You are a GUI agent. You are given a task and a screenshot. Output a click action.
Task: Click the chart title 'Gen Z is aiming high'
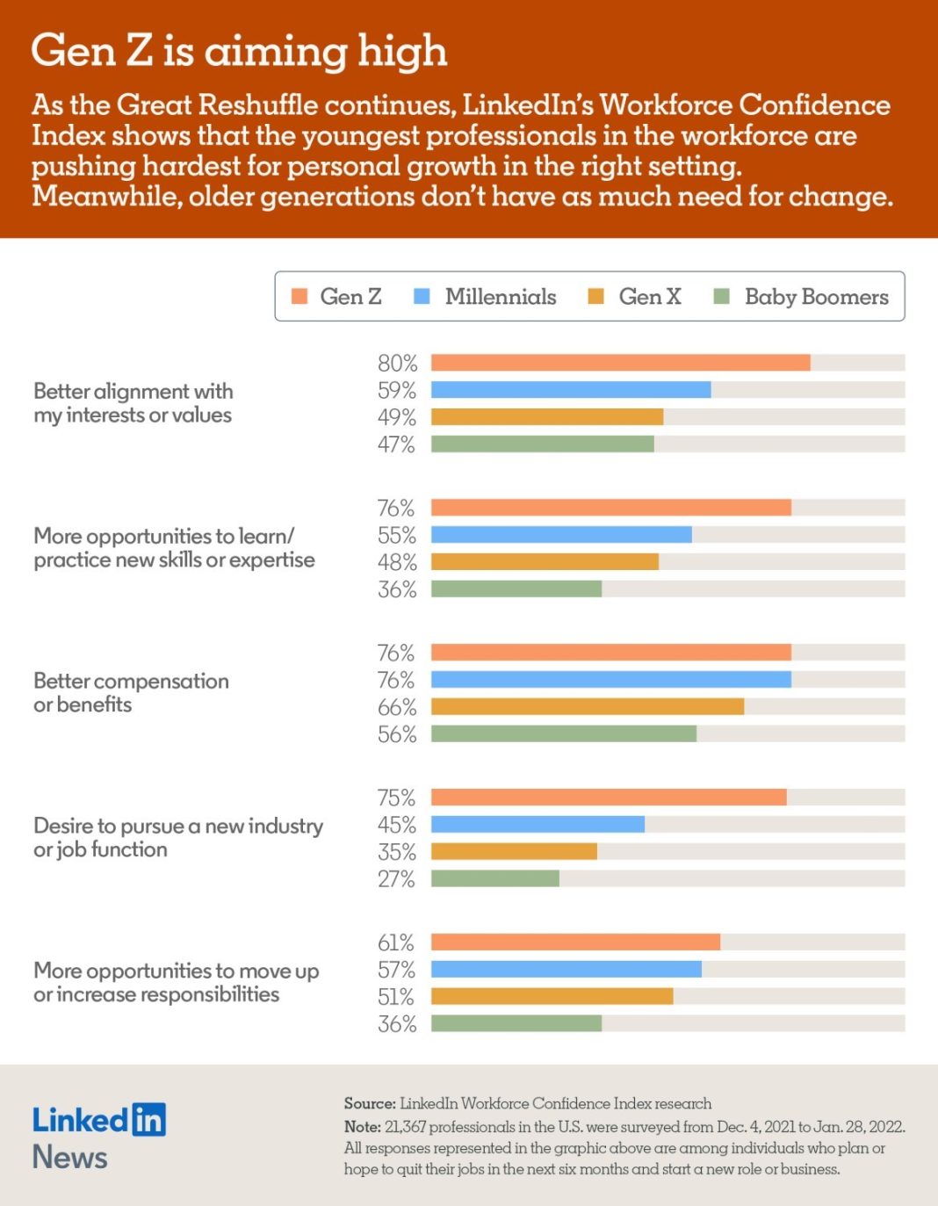(x=239, y=51)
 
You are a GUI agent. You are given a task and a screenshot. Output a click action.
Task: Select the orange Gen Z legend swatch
(x=299, y=296)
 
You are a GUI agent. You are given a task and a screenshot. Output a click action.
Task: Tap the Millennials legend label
(x=500, y=297)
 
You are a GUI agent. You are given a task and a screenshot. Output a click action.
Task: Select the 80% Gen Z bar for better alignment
(x=620, y=363)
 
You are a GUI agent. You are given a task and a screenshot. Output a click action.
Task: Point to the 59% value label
(x=397, y=390)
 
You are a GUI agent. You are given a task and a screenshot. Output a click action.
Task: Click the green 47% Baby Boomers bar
(x=542, y=444)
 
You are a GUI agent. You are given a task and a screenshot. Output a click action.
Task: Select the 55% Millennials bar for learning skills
(x=561, y=535)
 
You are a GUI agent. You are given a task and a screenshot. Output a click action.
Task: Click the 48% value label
(x=397, y=562)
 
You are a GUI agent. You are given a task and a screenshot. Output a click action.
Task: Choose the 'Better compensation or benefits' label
(x=131, y=692)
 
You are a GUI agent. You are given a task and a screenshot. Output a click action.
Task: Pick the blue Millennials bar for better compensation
(x=610, y=680)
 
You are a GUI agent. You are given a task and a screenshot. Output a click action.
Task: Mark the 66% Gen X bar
(x=587, y=707)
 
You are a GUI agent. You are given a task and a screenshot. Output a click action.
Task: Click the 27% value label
(x=396, y=879)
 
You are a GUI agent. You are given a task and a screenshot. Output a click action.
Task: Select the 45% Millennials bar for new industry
(x=538, y=825)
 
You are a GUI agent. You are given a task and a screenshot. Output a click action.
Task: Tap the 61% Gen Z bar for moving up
(x=575, y=942)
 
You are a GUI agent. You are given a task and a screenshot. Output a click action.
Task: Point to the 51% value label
(x=396, y=997)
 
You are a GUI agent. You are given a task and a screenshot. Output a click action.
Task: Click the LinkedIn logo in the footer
(x=98, y=1120)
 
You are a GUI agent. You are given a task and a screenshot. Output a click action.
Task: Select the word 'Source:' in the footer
(x=370, y=1103)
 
